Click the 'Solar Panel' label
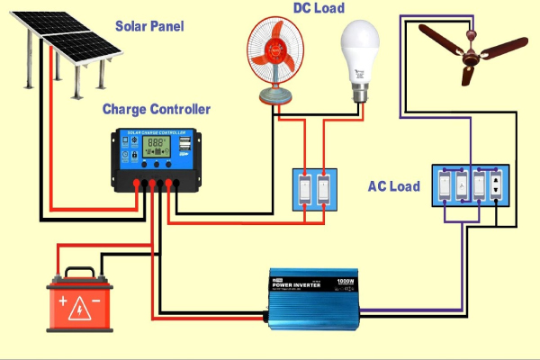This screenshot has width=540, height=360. (149, 25)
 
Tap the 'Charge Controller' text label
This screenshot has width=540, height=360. (157, 110)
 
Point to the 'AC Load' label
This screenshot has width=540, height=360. (394, 186)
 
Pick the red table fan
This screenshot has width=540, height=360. (277, 56)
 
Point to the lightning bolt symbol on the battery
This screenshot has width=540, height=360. (81, 303)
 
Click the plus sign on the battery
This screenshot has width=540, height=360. (62, 303)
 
